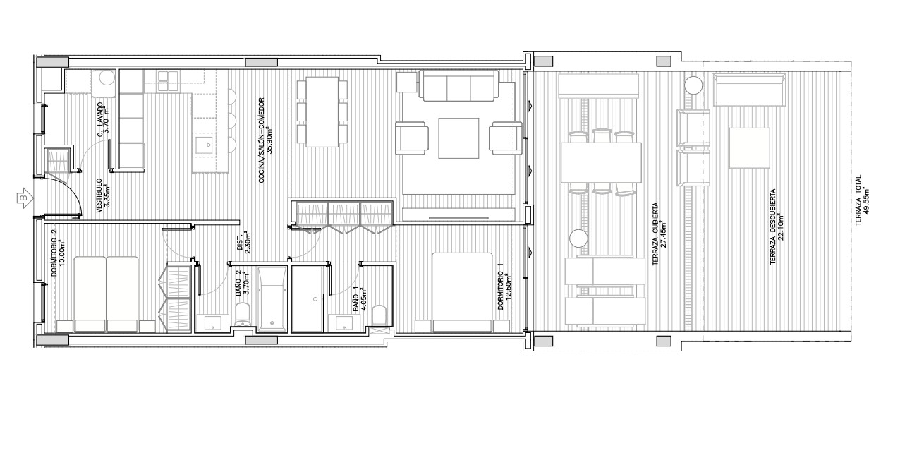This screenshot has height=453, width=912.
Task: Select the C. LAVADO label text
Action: (103, 118)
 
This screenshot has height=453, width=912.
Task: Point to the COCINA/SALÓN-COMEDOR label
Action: (265, 140)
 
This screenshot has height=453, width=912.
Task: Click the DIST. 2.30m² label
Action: (243, 243)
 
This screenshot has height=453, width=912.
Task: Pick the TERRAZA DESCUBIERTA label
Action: (777, 226)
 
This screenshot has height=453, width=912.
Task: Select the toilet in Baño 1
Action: (379, 316)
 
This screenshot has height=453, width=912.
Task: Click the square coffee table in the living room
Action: (458, 136)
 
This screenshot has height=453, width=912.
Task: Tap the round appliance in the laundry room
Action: (106, 79)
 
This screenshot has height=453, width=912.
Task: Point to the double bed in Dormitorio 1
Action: (462, 291)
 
